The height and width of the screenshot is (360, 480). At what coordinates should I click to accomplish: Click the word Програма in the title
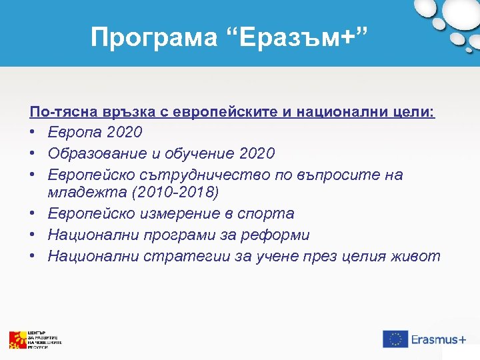pyautogui.click(x=153, y=37)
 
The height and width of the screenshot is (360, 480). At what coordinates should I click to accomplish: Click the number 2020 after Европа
pyautogui.click(x=121, y=133)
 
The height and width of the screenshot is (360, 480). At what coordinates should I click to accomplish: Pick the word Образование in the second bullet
pyautogui.click(x=99, y=153)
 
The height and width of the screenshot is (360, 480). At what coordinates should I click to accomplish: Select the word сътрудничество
pyautogui.click(x=185, y=174)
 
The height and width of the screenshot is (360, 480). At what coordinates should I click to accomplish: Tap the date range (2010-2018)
pyautogui.click(x=173, y=193)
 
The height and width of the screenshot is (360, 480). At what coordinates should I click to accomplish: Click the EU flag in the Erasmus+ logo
pyautogui.click(x=395, y=339)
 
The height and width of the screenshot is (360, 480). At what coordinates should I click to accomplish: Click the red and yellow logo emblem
pyautogui.click(x=17, y=339)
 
